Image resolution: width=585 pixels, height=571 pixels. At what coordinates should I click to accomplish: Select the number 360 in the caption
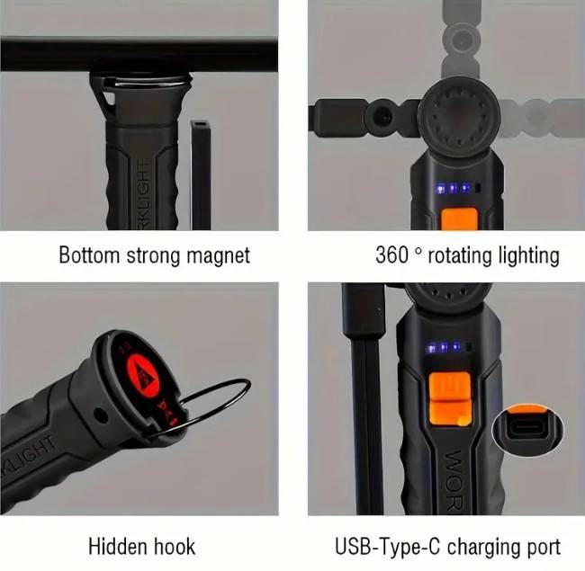(x=392, y=254)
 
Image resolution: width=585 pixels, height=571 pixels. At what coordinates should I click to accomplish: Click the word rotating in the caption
(x=457, y=254)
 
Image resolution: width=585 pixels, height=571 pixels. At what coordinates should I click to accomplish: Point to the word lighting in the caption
(x=526, y=254)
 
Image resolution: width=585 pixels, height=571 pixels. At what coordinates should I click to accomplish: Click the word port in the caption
(x=540, y=545)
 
